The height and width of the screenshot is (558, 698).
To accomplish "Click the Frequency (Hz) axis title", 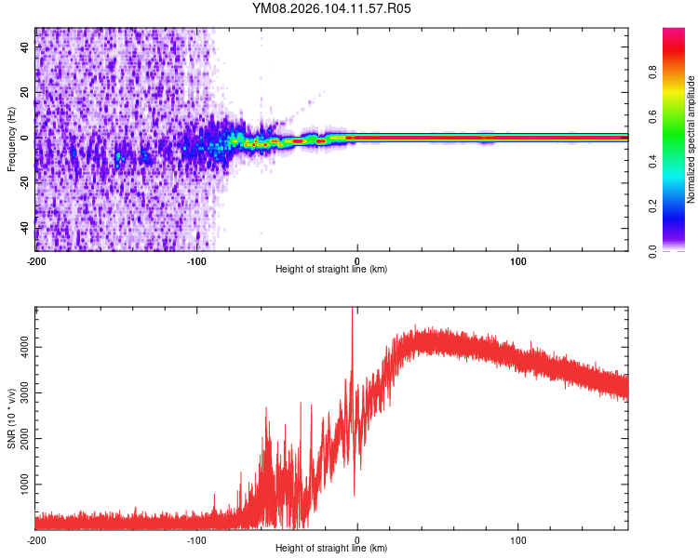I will [11, 139].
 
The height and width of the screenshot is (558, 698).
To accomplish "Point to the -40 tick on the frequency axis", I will [24, 228].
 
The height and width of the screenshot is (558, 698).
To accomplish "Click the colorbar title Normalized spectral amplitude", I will [691, 139].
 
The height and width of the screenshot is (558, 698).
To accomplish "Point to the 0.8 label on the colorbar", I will [653, 73].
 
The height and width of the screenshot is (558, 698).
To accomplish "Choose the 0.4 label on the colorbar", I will [653, 162].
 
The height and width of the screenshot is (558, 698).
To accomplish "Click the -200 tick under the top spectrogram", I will [36, 259].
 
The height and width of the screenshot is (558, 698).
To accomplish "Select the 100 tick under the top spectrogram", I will [518, 259].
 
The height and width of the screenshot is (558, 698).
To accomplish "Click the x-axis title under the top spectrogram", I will [331, 270].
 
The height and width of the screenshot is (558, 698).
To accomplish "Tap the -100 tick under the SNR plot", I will [196, 539].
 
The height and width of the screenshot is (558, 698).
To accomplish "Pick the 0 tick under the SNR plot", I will [357, 539].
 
